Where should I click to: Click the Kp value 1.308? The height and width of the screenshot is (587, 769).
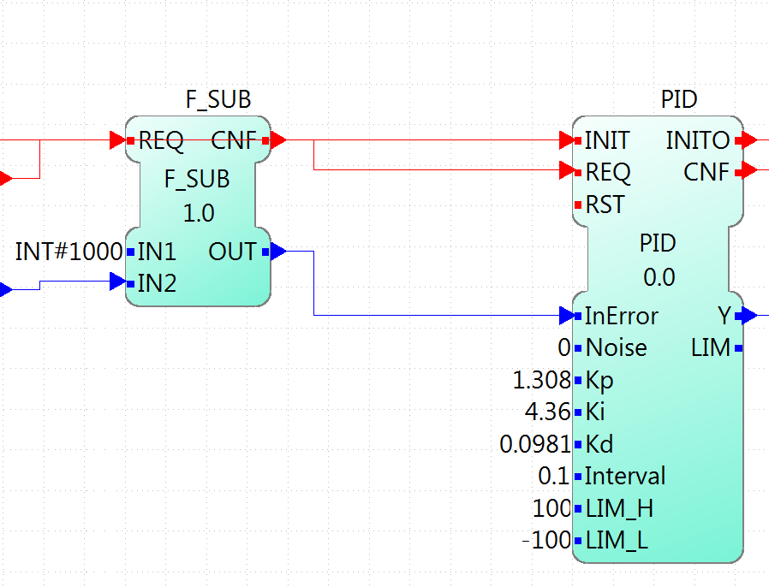tap(541, 380)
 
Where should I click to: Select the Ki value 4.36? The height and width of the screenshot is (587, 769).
tap(547, 412)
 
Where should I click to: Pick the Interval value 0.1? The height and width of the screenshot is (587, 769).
tap(554, 477)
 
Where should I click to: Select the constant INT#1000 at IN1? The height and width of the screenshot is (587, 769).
tap(69, 252)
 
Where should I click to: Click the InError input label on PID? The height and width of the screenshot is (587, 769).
tap(621, 316)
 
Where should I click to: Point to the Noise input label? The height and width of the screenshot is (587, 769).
tap(616, 348)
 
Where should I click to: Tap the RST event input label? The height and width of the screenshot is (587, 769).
tap(605, 205)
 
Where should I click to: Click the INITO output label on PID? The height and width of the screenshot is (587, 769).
tap(698, 140)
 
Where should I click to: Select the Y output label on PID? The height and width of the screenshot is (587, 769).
tap(724, 316)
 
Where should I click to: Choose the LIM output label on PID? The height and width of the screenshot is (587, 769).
tap(710, 348)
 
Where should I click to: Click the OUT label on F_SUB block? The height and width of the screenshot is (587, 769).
tap(232, 252)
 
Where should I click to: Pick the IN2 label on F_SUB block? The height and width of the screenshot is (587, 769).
tap(157, 283)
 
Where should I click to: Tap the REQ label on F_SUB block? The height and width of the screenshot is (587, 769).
tap(161, 140)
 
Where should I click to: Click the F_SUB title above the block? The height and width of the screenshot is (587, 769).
tap(218, 99)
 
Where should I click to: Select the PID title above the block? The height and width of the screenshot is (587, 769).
tap(678, 99)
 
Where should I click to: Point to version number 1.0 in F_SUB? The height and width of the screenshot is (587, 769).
tap(199, 212)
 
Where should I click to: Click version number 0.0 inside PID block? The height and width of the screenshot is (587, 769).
tap(659, 277)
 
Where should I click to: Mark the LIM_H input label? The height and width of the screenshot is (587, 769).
tap(618, 509)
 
